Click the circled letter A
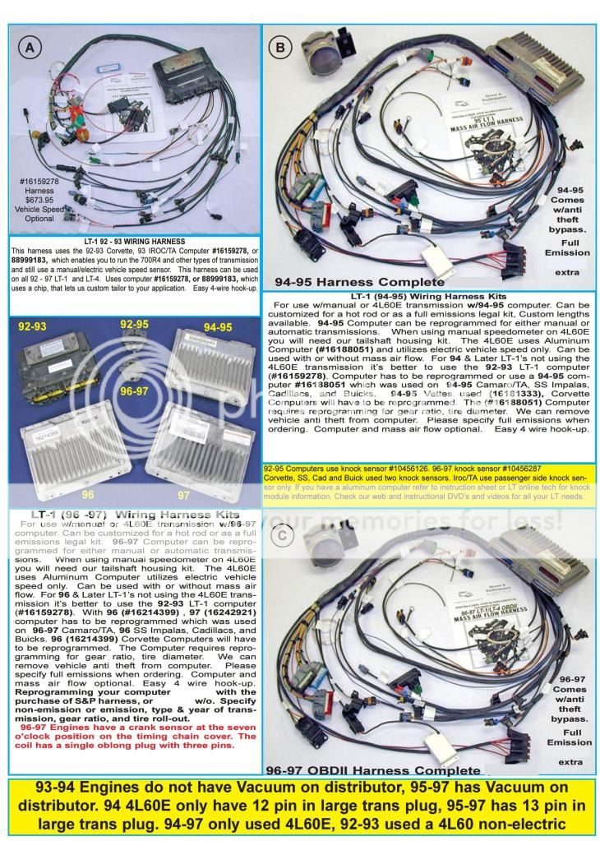coord(30,48)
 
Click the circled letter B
coord(282,48)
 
